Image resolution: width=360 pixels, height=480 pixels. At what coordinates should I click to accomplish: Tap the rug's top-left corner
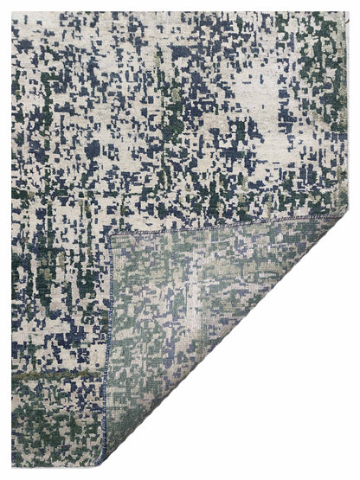(12, 13)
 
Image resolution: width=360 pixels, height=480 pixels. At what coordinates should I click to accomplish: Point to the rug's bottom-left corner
(12, 467)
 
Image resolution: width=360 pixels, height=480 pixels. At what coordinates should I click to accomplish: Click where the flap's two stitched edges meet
(112, 234)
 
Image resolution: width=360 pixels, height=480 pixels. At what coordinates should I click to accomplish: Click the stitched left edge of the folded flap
(108, 346)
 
